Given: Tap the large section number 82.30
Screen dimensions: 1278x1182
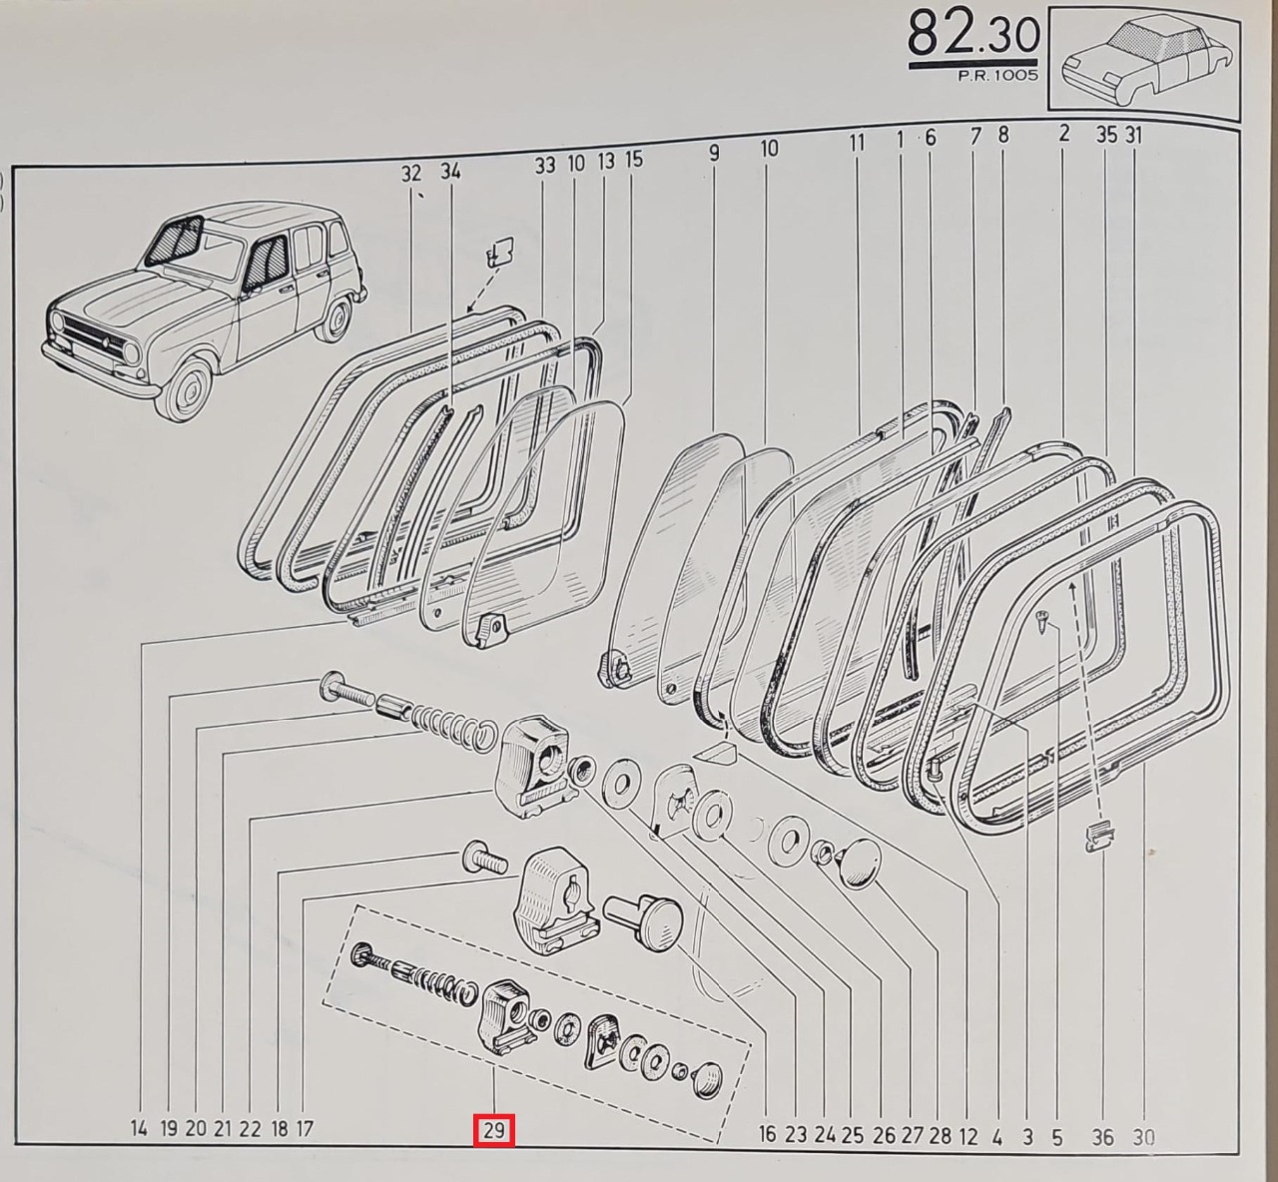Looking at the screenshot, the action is (973, 35).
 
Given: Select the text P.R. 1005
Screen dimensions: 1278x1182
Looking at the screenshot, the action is (997, 75).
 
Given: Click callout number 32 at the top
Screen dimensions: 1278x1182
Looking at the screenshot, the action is (411, 173).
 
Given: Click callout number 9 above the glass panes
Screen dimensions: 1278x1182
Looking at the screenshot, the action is (714, 154).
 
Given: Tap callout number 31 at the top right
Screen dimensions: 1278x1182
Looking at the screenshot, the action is (1134, 135).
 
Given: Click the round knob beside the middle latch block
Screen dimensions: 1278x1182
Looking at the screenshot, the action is (645, 921).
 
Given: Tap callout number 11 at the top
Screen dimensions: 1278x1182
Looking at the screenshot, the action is (857, 143).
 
